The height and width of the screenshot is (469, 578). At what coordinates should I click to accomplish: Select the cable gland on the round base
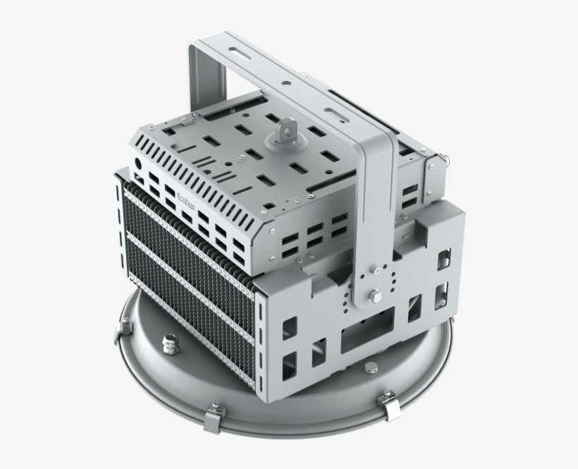170,343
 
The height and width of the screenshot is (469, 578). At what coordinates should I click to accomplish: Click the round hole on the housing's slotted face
138,162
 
